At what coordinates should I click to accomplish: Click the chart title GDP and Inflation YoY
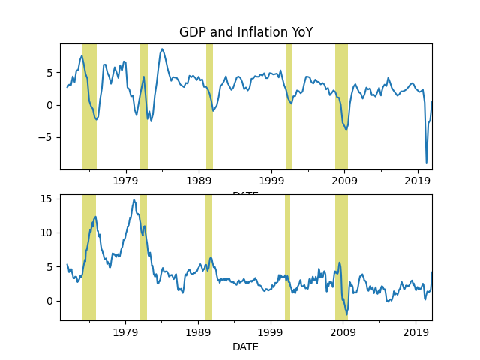(245, 32)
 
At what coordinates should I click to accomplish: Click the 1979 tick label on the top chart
(125, 181)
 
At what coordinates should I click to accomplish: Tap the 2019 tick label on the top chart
(418, 181)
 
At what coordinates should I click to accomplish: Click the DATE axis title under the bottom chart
(245, 347)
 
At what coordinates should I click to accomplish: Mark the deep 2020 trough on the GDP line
(427, 163)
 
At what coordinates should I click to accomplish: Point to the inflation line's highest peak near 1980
(134, 200)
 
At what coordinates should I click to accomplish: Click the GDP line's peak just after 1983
(162, 49)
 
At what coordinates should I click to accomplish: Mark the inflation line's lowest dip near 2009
(346, 314)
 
